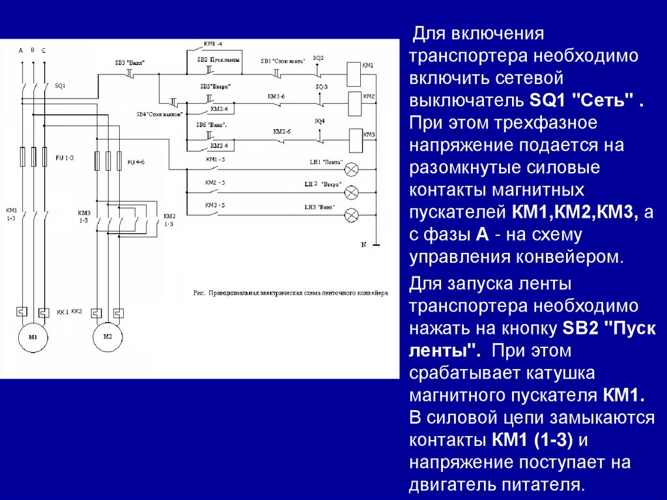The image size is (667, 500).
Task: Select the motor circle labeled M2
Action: point(108,337)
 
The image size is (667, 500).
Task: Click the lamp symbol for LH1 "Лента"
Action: point(351,169)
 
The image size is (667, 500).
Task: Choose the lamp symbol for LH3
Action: point(351,214)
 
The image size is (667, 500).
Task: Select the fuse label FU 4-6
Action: point(135,161)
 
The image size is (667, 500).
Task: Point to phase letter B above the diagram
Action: point(33,50)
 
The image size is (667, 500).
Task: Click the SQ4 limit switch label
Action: point(319,121)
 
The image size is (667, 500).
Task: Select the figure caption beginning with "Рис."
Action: point(291,293)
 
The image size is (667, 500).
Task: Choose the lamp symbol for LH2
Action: point(351,192)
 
